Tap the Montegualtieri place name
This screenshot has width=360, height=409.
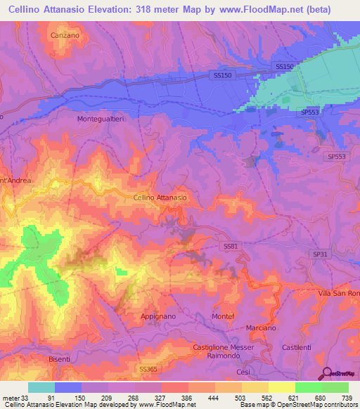(100, 119)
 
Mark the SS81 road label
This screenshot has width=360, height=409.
(231, 246)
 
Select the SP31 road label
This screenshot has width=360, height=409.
(320, 254)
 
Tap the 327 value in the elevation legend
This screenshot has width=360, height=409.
(162, 398)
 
